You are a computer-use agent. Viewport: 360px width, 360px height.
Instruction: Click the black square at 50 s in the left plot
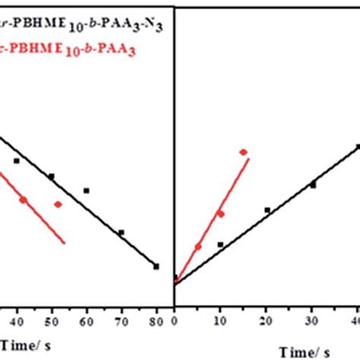pyautogui.click(x=51, y=176)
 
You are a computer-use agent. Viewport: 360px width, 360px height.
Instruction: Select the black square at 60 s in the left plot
pyautogui.click(x=86, y=191)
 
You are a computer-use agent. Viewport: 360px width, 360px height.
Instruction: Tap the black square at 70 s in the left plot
pyautogui.click(x=121, y=232)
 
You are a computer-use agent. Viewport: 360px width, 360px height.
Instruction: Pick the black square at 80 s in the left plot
pyautogui.click(x=156, y=266)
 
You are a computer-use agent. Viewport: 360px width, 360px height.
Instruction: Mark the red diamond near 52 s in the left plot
pyautogui.click(x=58, y=204)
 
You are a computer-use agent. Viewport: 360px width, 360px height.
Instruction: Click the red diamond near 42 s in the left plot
pyautogui.click(x=23, y=200)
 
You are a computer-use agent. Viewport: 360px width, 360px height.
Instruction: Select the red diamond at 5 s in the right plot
pyautogui.click(x=198, y=246)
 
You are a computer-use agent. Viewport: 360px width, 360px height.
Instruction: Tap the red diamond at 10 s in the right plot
pyautogui.click(x=221, y=213)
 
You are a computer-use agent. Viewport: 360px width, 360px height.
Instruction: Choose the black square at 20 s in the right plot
pyautogui.click(x=267, y=210)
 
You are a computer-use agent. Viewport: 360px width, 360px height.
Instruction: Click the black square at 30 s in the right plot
pyautogui.click(x=312, y=184)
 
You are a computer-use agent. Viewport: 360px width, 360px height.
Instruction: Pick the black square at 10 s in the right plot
pyautogui.click(x=220, y=244)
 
